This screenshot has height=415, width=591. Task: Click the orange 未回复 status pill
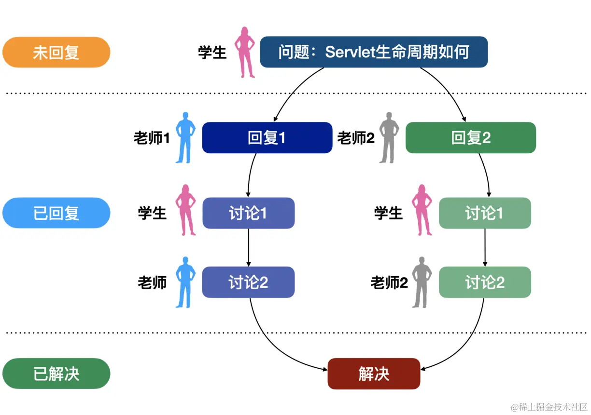(56, 52)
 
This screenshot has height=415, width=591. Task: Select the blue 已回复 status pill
(56, 213)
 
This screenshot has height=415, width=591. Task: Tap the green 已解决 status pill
(56, 374)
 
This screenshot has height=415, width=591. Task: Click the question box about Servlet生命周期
(373, 52)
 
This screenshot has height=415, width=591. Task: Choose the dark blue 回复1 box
(267, 138)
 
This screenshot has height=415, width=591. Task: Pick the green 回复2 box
(470, 138)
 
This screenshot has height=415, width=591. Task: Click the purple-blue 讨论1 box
(248, 213)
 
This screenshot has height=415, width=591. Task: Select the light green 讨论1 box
(484, 213)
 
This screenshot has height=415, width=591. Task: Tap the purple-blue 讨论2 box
(248, 282)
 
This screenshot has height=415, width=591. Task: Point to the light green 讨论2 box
(484, 282)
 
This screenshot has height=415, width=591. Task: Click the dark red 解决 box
(373, 374)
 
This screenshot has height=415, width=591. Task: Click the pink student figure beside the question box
(245, 52)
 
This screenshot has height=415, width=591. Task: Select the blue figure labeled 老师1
(185, 138)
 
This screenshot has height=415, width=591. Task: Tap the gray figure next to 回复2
(389, 138)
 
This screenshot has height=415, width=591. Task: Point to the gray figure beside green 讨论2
(422, 282)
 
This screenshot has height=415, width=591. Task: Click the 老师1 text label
(152, 139)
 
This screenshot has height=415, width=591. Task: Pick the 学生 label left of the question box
(212, 52)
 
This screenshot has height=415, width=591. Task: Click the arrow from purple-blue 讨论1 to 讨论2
(248, 247)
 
